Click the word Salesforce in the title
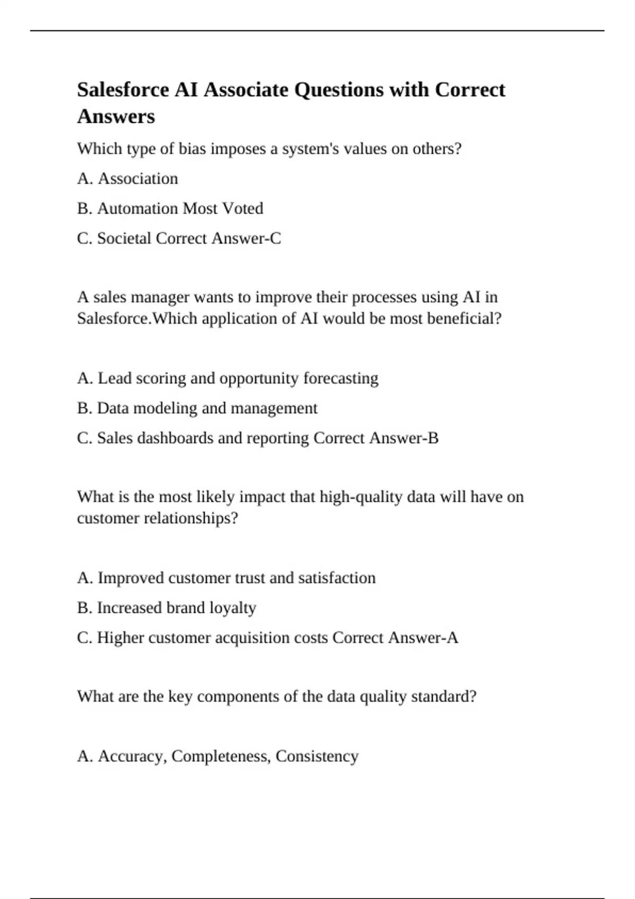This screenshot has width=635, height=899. point(122,90)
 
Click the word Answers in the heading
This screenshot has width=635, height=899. point(116,116)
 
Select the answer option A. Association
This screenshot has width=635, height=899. point(128,179)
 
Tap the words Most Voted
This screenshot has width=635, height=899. point(222,208)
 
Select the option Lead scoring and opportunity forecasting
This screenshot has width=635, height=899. point(228,379)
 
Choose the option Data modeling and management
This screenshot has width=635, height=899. point(197,408)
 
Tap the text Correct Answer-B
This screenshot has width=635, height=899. point(376,438)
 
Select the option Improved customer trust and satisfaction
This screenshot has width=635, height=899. point(226,578)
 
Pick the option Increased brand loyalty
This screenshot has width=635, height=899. point(167,608)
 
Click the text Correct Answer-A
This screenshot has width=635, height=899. point(395,638)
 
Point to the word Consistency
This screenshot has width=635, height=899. point(317,756)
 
